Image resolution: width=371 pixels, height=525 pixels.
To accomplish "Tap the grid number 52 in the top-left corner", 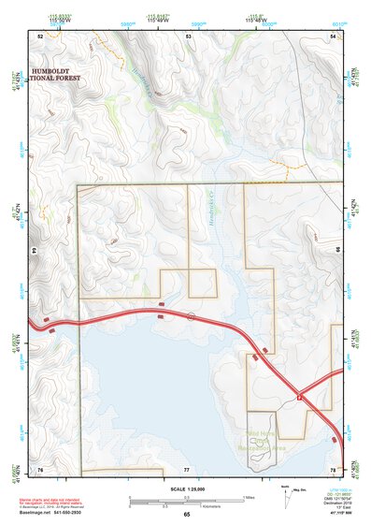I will click(x=40, y=35).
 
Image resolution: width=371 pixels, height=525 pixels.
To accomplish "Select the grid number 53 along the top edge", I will click(x=188, y=35).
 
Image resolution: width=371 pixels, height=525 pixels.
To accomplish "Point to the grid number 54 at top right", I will click(x=334, y=35).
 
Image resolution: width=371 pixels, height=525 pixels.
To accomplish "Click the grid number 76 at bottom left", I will click(x=40, y=468).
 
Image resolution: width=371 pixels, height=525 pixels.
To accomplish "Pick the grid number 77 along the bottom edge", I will click(x=186, y=468).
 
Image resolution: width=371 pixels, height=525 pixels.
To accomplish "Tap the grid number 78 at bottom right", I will click(x=333, y=468).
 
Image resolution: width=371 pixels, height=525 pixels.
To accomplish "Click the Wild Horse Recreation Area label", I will click(x=253, y=441).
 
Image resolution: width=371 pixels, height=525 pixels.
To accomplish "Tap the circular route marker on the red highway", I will click(x=192, y=316).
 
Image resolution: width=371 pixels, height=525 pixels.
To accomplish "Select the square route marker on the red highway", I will click(x=300, y=398).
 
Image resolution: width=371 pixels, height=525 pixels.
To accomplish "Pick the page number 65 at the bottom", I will click(x=186, y=515).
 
